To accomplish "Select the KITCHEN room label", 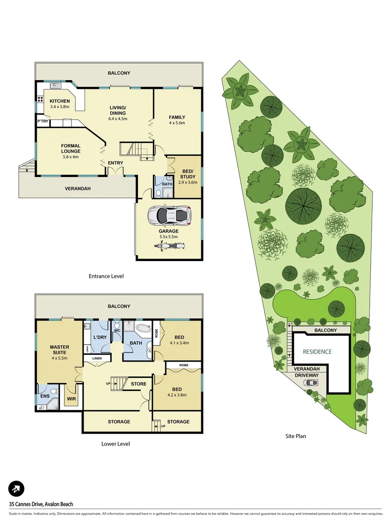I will pyautogui.click(x=60, y=101).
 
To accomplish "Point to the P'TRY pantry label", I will pyautogui.click(x=43, y=121).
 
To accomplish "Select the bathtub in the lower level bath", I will pyautogui.click(x=142, y=330).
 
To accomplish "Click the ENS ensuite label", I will pyautogui.click(x=45, y=396).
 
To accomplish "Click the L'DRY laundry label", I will pyautogui.click(x=99, y=337).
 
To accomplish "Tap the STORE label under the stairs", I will pyautogui.click(x=138, y=384).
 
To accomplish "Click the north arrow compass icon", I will pyautogui.click(x=16, y=489).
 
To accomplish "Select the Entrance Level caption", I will pyautogui.click(x=106, y=276).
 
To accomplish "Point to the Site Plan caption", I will pyautogui.click(x=295, y=436).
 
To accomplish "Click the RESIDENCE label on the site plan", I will pyautogui.click(x=317, y=352).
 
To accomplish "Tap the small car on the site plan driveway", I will pyautogui.click(x=312, y=383).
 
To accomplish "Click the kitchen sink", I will pyautogui.click(x=55, y=86).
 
